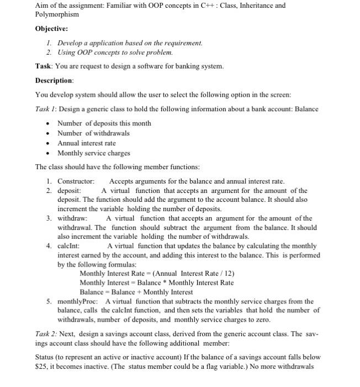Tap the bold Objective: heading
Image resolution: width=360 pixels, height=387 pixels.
click(52, 28)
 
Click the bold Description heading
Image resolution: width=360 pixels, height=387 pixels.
click(54, 80)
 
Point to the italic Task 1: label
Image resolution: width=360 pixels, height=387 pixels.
click(47, 109)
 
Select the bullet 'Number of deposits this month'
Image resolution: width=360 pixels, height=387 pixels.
click(104, 123)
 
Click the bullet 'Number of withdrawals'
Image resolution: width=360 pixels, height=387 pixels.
click(93, 133)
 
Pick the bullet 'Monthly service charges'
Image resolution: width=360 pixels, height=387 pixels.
click(94, 153)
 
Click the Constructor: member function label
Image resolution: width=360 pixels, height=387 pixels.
click(76, 181)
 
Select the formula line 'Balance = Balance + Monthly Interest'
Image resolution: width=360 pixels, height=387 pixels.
click(136, 292)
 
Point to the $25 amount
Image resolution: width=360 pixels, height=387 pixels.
click(41, 366)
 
